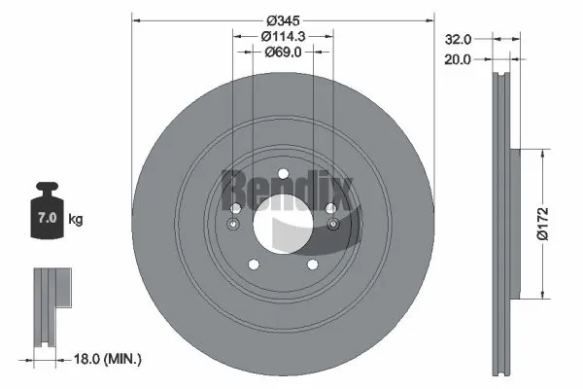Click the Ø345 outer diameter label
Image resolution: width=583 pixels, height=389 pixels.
(284, 19)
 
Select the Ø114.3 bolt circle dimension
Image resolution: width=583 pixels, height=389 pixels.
(284, 36)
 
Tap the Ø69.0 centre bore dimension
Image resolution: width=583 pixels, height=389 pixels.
(284, 53)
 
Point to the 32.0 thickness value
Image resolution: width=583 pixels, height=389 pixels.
(458, 40)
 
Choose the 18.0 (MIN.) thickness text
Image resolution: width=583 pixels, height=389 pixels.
(109, 360)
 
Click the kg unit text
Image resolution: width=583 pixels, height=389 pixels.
(76, 220)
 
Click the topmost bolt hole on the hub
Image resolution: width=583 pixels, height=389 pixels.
(284, 175)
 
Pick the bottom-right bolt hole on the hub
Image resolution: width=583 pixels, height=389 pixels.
(313, 265)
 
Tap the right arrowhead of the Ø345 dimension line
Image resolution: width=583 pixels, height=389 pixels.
(431, 19)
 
